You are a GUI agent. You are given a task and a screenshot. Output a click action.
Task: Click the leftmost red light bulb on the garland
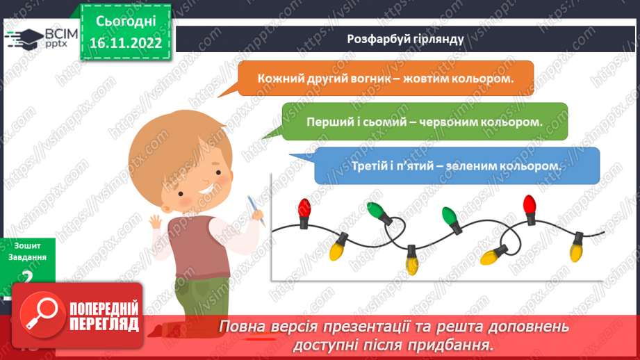[x=304, y=208]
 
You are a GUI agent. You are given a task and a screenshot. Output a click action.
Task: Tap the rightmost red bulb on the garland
[x=530, y=206]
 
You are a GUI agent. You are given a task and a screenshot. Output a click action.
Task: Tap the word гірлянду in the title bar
[x=438, y=39]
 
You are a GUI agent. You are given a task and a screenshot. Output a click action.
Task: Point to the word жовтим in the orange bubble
[x=420, y=78]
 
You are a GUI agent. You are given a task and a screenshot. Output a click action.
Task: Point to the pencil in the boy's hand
[x=256, y=209]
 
